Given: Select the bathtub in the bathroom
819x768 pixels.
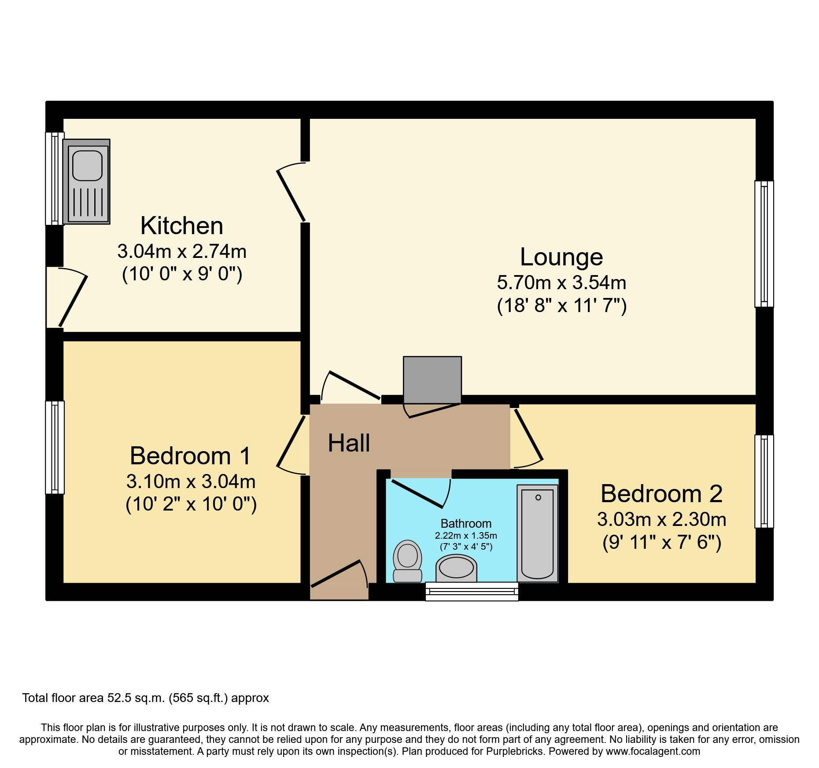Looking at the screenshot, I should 537,533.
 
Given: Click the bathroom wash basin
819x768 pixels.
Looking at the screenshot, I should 456,568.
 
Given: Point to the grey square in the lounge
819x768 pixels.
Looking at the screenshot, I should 432,379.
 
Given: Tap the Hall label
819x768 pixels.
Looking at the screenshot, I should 349,443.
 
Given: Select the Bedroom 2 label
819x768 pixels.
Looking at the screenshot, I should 661,493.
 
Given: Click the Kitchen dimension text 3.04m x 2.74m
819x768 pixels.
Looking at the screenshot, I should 182,251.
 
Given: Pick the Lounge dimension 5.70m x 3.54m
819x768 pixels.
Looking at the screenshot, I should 561,282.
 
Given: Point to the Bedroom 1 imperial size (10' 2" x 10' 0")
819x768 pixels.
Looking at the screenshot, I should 191,504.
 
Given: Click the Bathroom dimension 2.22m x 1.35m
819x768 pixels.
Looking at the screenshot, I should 466,536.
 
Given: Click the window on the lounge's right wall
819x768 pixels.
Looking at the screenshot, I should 764,243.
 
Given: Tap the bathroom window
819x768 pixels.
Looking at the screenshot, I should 472,591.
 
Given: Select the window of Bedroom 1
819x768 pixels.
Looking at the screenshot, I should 55,447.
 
